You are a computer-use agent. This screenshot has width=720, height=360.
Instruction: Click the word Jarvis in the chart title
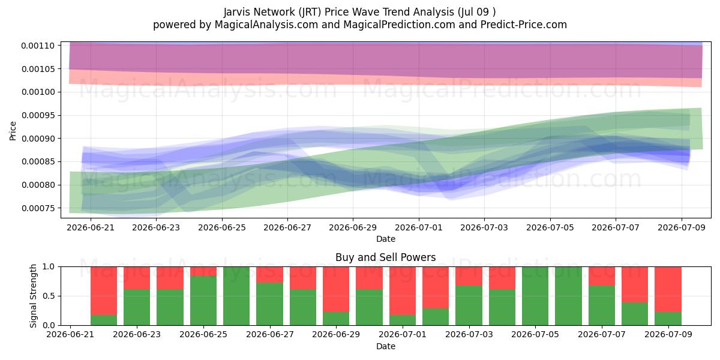coord(237,12)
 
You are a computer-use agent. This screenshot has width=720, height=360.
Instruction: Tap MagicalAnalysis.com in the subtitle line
coord(266,25)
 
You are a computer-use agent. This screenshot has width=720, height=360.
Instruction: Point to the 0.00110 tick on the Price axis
coord(38,46)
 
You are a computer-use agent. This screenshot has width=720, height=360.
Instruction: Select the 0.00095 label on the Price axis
coord(38,115)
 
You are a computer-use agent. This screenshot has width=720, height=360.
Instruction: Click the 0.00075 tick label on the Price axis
coord(38,208)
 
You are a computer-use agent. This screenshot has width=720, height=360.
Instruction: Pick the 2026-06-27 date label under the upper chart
coord(287,227)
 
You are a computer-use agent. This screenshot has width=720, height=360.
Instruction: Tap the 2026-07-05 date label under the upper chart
coord(550,227)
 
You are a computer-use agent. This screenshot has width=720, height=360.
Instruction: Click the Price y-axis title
coord(13,131)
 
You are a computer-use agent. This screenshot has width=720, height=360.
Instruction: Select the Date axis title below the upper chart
coord(386,239)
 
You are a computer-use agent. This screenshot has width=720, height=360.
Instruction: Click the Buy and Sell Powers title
coord(386,257)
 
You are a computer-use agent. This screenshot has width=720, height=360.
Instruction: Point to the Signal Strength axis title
coord(33,296)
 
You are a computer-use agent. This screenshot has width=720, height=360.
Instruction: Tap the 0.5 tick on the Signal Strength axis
coord(49,296)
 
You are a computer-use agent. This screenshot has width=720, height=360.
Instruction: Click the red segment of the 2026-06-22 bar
coord(104,290)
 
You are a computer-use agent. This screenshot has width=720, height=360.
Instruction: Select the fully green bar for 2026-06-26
coord(236,296)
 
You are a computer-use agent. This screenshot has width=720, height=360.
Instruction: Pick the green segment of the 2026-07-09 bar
coord(668,319)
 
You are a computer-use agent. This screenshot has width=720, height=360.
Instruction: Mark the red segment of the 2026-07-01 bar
coord(403,290)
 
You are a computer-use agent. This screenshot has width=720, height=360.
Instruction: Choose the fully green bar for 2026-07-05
coord(535,296)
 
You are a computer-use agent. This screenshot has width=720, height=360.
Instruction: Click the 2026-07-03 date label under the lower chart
coord(469,334)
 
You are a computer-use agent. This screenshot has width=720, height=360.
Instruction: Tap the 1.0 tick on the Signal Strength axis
coord(49,267)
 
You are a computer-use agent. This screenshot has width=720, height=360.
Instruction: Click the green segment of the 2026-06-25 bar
coord(203,301)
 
